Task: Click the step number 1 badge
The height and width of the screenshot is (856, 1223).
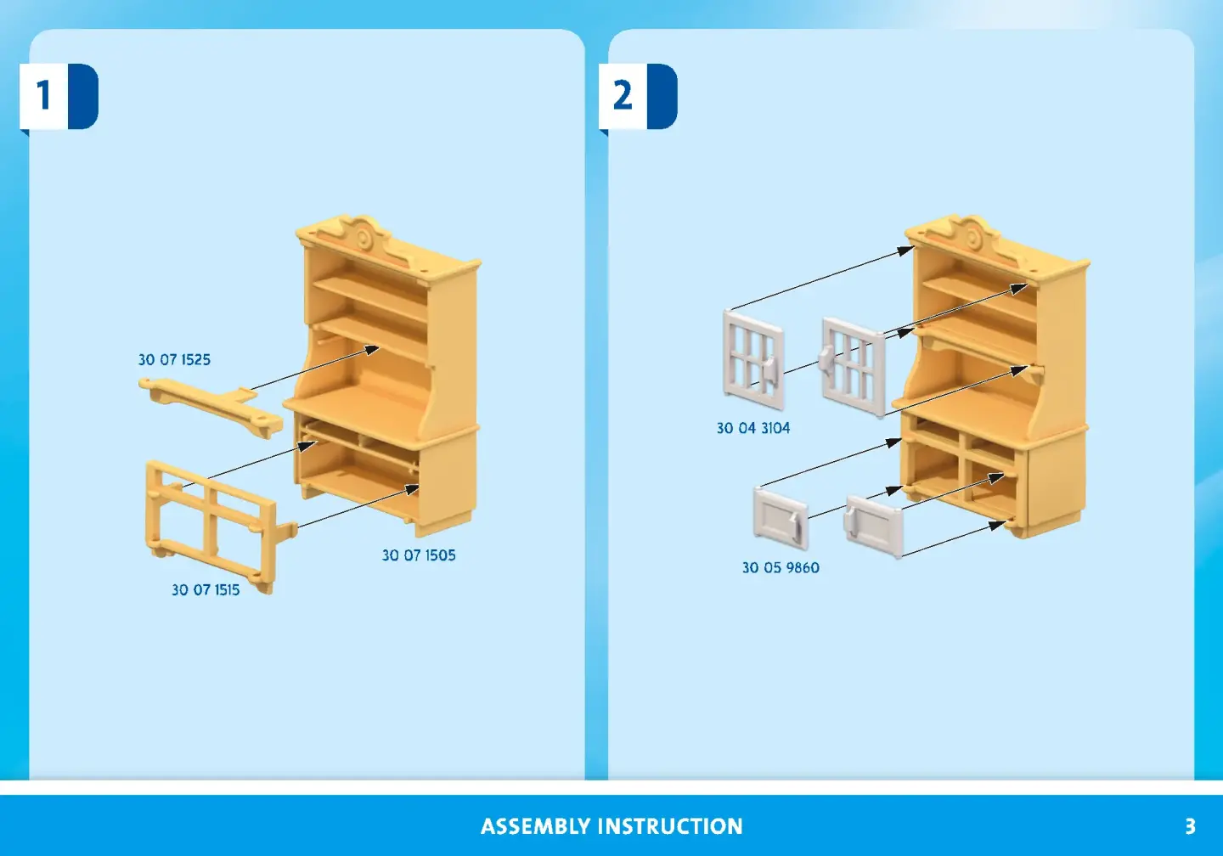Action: pos(59,97)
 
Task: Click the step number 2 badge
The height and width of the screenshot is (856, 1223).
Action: pos(638,97)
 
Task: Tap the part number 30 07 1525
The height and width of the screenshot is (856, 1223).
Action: pos(174,360)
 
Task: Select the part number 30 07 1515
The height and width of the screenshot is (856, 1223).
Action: pos(206,589)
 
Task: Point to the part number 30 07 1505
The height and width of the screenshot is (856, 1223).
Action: pos(419,555)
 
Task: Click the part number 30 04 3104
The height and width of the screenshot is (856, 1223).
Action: pos(753,428)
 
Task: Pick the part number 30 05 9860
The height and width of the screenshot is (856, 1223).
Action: pos(781,568)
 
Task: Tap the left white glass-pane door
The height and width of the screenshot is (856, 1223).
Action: pos(754,360)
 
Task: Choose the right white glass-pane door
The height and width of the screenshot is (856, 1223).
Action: pos(853,367)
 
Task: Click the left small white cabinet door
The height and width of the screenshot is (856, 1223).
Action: pos(781,517)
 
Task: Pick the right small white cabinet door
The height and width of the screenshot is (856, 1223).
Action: pos(874,526)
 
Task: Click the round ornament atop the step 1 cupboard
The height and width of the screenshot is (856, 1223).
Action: pos(362,236)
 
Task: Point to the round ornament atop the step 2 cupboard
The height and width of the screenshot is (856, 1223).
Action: pos(972,237)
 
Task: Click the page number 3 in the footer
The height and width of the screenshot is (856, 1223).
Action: pos(1191,826)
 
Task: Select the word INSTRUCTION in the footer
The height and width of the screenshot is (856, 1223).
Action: pos(670,826)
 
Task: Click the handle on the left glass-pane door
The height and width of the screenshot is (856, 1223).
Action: pos(771,370)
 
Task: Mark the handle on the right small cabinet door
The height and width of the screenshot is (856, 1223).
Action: pos(851,521)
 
